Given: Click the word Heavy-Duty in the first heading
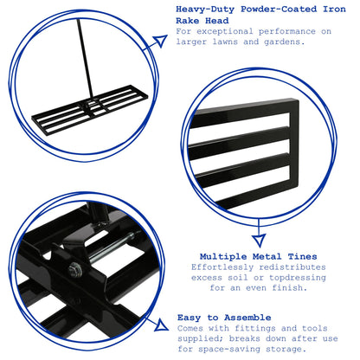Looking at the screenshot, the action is (205, 10).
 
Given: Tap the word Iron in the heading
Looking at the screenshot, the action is (334, 9).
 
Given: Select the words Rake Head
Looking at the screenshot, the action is (202, 21).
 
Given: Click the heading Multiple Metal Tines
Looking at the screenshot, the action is (259, 256).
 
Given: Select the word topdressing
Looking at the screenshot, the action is (298, 278).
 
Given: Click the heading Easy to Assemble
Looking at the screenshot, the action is (224, 318).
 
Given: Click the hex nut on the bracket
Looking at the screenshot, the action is (75, 269).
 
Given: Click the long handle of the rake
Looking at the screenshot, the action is (85, 59).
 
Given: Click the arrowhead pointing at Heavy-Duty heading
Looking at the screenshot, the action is (160, 41).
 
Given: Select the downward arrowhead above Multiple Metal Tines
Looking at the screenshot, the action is (259, 241).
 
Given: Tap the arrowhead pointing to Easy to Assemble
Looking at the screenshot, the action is (161, 325).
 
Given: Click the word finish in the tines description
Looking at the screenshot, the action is (290, 288).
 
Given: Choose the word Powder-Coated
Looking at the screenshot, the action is (279, 10).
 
